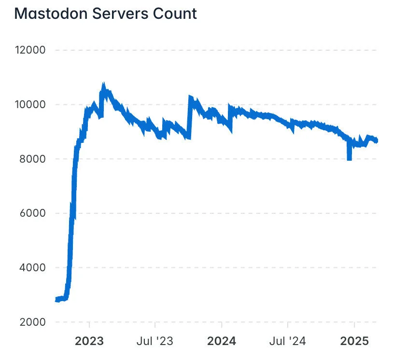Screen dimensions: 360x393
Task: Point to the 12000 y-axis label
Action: point(30,50)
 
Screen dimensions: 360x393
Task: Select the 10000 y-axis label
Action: point(30,105)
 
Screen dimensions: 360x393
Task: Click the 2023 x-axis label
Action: point(89,341)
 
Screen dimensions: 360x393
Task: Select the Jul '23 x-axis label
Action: point(154,341)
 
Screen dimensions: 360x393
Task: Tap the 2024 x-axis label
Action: point(221,341)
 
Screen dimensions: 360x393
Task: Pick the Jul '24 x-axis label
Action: point(288,341)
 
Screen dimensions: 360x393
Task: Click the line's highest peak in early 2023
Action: point(103,85)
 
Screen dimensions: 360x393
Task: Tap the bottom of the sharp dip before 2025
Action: point(349,159)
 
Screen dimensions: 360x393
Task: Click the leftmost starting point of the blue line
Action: point(56,300)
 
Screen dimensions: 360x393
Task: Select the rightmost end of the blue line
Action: point(377,140)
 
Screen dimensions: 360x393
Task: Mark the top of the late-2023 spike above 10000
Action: point(190,97)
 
